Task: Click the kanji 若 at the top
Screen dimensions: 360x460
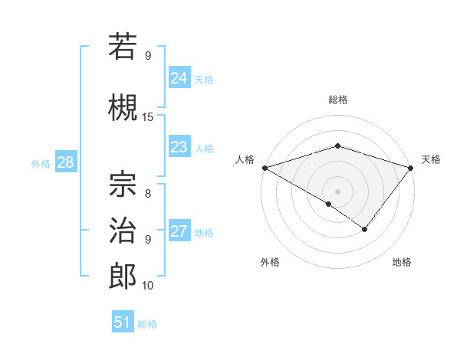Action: (123, 46)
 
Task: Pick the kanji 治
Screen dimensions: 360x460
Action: (123, 229)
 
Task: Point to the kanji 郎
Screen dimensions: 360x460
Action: (123, 275)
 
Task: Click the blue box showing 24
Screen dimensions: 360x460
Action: (179, 78)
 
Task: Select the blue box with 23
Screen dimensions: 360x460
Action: (179, 147)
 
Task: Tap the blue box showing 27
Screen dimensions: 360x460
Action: (179, 232)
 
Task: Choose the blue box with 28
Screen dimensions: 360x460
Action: (65, 163)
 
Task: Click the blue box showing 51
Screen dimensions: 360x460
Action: (123, 322)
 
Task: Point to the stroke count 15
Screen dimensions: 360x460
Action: (148, 117)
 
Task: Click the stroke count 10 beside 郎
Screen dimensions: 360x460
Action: (148, 286)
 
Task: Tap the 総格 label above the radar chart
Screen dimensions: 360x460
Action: (338, 100)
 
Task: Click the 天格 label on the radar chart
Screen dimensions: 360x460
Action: (432, 159)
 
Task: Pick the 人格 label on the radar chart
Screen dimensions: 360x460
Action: (245, 159)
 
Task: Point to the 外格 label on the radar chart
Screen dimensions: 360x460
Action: (270, 262)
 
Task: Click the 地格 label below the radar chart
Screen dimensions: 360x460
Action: (402, 262)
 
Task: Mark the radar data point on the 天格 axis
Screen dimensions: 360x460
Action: (412, 167)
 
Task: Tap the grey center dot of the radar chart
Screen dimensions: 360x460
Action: (338, 191)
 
